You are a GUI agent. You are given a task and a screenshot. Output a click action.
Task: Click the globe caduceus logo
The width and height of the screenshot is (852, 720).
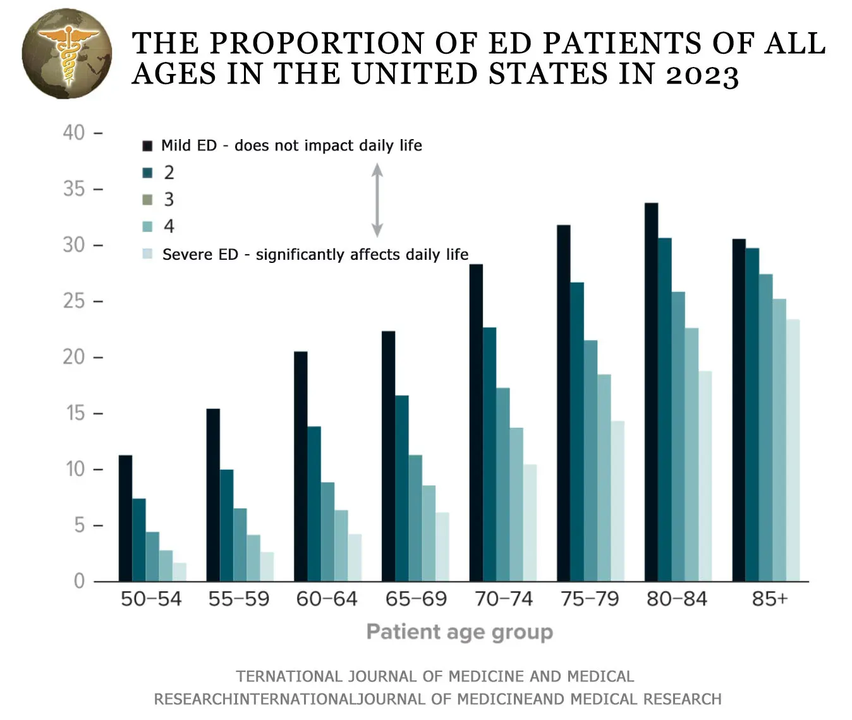66,54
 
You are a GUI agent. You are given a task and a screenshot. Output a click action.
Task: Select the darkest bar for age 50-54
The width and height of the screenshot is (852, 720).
125,518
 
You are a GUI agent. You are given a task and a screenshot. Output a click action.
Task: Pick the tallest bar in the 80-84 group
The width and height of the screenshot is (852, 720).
651,392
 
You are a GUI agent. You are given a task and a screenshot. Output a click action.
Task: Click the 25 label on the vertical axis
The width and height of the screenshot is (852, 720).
74,301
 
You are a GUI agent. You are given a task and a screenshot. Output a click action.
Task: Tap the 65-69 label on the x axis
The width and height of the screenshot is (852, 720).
416,599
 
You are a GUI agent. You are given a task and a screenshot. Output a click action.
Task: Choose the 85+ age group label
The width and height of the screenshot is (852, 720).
769,599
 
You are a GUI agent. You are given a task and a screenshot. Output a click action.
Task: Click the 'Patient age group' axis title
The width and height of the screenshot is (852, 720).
459,632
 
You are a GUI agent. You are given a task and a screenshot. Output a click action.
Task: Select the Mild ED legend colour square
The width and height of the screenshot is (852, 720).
147,146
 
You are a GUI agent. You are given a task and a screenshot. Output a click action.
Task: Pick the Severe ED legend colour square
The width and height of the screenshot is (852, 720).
147,254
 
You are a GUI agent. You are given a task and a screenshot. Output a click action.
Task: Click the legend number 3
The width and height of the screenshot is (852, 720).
169,200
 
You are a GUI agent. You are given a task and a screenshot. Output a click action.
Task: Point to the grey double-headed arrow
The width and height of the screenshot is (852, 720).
377,200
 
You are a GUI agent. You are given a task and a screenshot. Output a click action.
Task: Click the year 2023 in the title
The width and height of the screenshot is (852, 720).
702,75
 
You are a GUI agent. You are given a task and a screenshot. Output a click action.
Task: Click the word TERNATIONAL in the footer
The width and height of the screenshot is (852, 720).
289,676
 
